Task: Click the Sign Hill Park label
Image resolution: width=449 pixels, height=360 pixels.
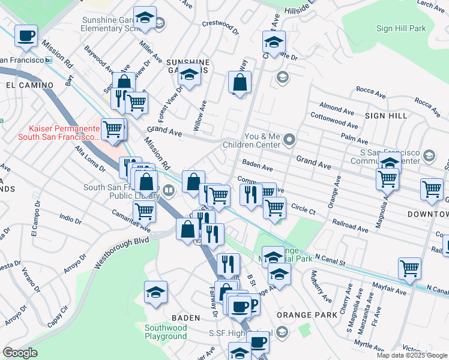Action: pyautogui.click(x=401, y=28)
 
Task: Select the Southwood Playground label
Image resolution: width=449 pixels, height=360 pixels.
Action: pyautogui.click(x=166, y=332)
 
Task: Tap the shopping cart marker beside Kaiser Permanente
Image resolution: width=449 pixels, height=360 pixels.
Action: pyautogui.click(x=112, y=128)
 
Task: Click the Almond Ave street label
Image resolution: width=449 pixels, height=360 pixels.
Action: pyautogui.click(x=337, y=110)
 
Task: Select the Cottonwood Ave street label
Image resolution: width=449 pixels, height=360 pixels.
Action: pyautogui.click(x=334, y=121)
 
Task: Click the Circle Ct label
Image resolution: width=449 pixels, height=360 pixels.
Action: pyautogui.click(x=303, y=211)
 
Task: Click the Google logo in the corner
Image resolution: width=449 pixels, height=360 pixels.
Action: pyautogui.click(x=20, y=353)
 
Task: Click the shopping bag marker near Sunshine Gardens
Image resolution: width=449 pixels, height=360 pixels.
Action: pyautogui.click(x=240, y=83)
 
